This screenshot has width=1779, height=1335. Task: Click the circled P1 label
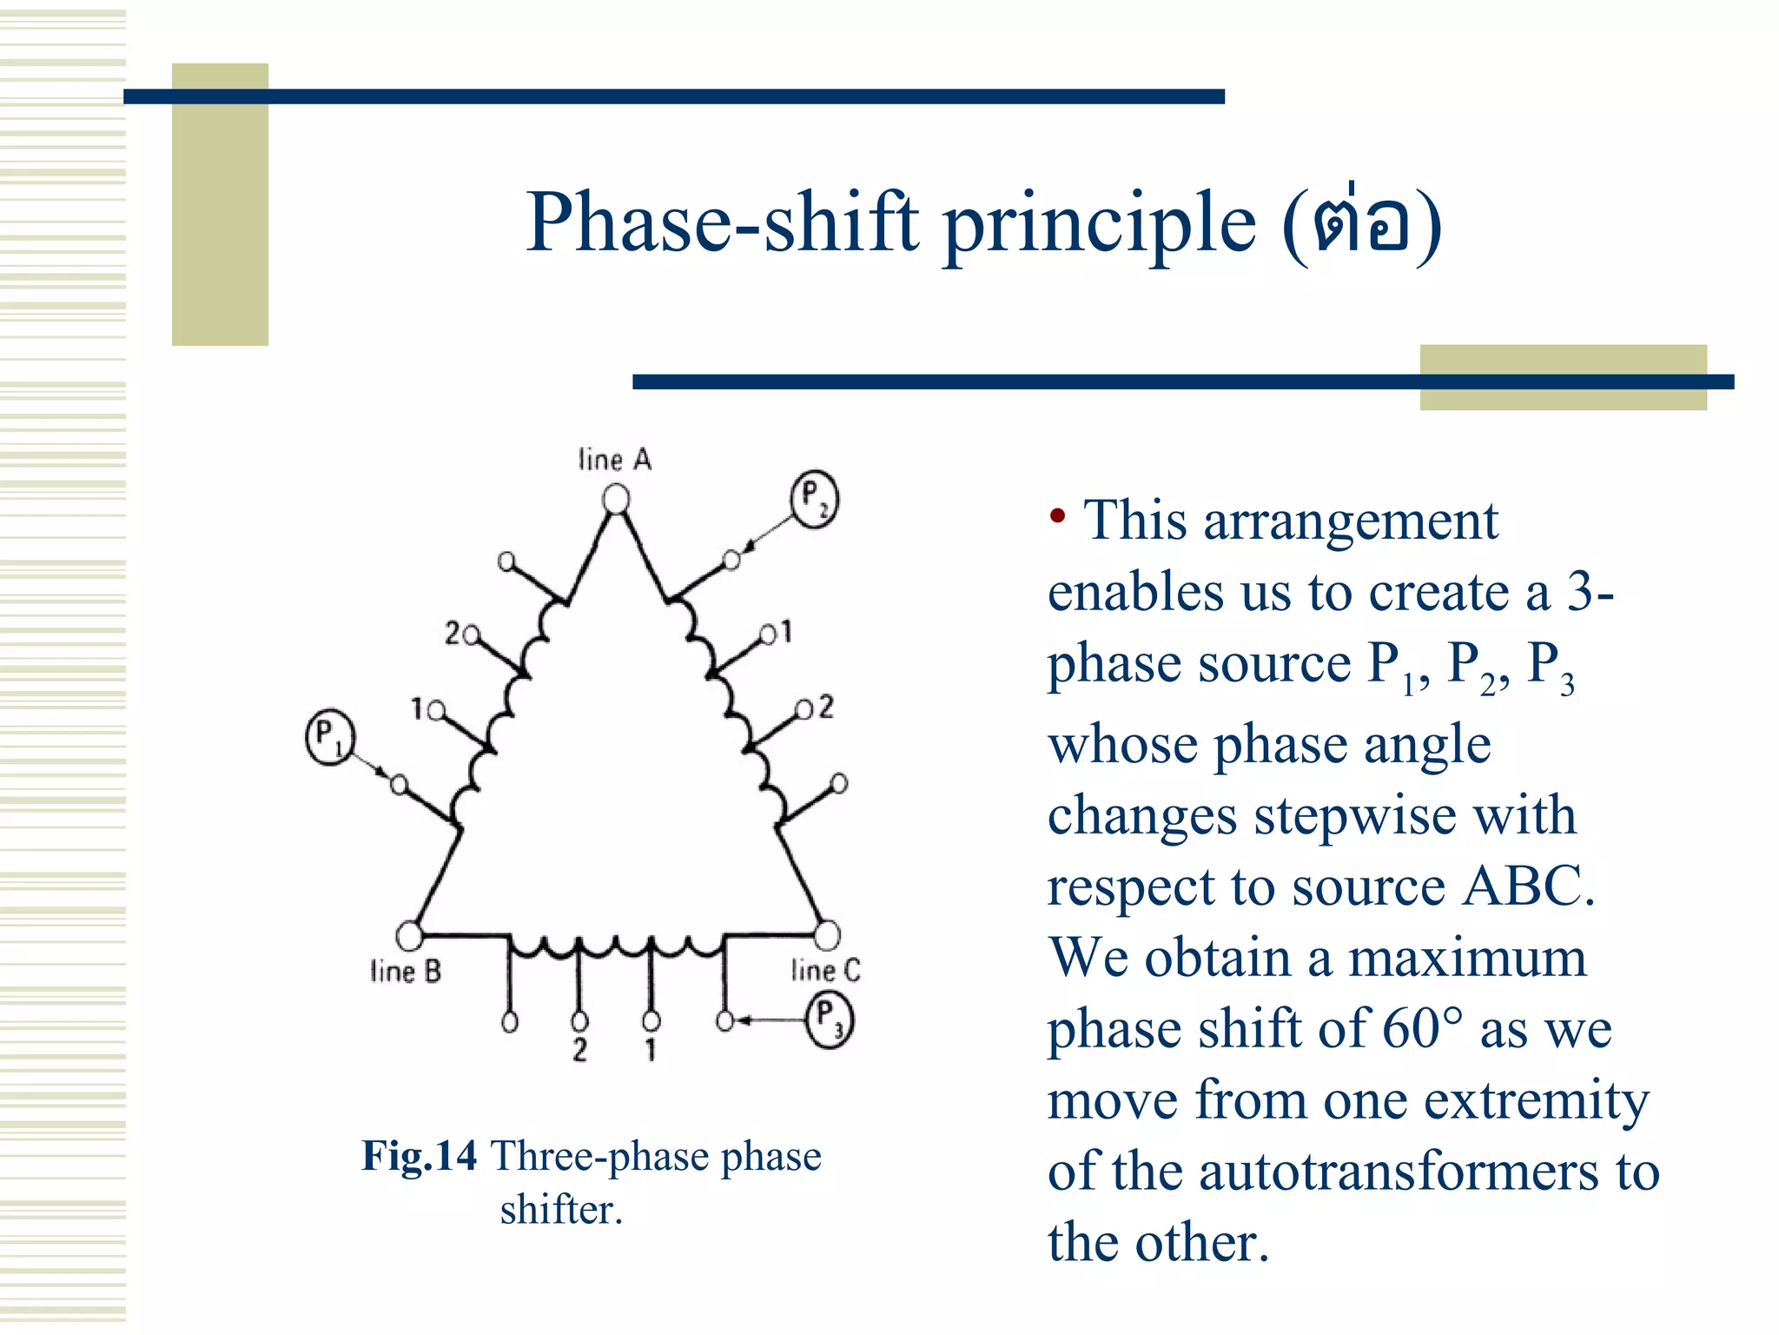[x=330, y=737]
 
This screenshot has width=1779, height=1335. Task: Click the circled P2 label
[x=814, y=498]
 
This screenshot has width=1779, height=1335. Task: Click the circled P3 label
[x=830, y=1020]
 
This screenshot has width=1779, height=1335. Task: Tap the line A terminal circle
[x=616, y=499]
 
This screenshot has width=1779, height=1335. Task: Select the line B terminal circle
[x=409, y=935]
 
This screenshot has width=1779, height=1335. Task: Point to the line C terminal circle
[x=827, y=935]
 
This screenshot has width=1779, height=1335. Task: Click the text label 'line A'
[x=615, y=460]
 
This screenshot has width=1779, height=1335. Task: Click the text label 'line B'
[x=406, y=971]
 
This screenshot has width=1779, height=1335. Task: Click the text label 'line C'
[x=825, y=970]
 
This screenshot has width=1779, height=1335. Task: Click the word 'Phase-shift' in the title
[x=723, y=222]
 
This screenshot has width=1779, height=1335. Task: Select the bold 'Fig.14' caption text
[x=420, y=1156]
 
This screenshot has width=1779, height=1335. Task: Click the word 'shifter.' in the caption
[x=561, y=1209]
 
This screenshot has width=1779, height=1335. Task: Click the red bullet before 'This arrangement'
[x=1057, y=517]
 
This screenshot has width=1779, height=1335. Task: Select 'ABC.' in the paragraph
[x=1529, y=887]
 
